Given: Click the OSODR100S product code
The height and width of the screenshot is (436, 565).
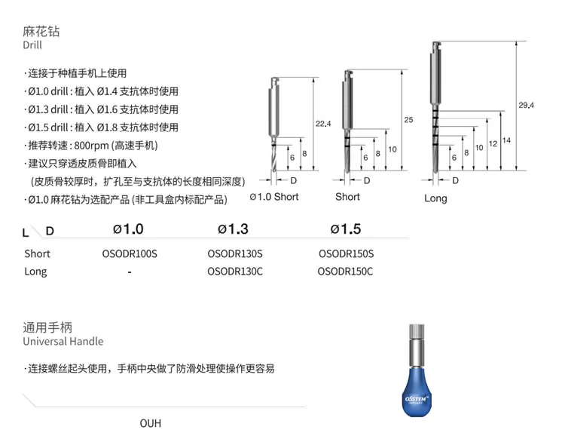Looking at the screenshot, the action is click(130, 253).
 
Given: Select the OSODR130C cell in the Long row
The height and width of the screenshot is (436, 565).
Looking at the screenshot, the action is click(235, 272).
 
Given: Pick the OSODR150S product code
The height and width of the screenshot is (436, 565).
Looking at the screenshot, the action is click(347, 253).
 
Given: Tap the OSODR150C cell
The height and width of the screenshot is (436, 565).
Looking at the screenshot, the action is click(345, 272).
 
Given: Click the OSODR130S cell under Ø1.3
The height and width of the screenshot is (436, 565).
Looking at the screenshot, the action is click(235, 253).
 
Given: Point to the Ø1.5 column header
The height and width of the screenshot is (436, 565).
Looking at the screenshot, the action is click(346, 229).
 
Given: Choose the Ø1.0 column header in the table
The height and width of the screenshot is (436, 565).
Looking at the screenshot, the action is click(128, 229).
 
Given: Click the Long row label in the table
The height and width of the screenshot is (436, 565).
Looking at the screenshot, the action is click(35, 272).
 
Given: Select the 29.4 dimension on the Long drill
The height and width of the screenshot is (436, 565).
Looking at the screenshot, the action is click(526, 105).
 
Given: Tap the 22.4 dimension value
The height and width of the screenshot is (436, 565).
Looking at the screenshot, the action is click(323, 124).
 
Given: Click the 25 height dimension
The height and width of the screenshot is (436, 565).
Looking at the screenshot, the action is click(408, 120).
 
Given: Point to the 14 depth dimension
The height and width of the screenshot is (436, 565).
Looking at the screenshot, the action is click(506, 140).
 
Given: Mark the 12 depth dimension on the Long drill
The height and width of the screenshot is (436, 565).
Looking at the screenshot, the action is click(493, 143).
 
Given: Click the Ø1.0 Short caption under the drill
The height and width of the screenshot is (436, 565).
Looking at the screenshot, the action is click(274, 197).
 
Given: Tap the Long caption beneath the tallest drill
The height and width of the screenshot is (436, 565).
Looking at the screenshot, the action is click(435, 198).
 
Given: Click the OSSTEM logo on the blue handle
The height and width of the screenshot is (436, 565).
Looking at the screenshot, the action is click(416, 399).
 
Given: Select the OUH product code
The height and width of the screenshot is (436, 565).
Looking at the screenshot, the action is click(151, 423).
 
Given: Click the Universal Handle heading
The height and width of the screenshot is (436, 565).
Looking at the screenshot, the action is click(63, 342).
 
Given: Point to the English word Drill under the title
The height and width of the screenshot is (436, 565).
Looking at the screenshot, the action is click(32, 45).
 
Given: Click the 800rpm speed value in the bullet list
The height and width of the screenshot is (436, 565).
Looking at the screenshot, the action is click(91, 146).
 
